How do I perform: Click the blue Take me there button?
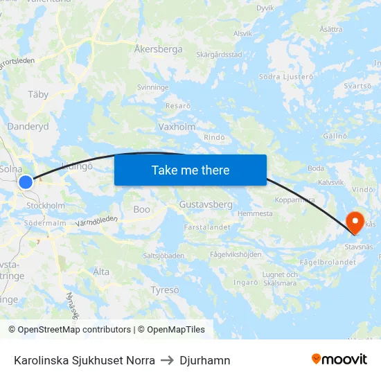pyautogui.click(x=190, y=170)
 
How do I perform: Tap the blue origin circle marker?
pyautogui.click(x=26, y=181)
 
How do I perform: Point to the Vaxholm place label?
pyautogui.click(x=177, y=127)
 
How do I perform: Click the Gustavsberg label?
pyautogui.click(x=205, y=205)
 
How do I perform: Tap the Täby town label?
pyautogui.click(x=38, y=94)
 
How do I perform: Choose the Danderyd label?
pyautogui.click(x=28, y=127)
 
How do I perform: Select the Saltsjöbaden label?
pyautogui.click(x=163, y=256)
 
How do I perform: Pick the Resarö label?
pyautogui.click(x=178, y=106)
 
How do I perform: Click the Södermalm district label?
pyautogui.click(x=45, y=223)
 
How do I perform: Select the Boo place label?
pyautogui.click(x=141, y=209)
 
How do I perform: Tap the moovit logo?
pyautogui.click(x=339, y=359)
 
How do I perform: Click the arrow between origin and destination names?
pyautogui.click(x=167, y=360)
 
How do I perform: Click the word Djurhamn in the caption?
pyautogui.click(x=205, y=360)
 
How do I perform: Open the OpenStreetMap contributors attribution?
pyautogui.click(x=74, y=330)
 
